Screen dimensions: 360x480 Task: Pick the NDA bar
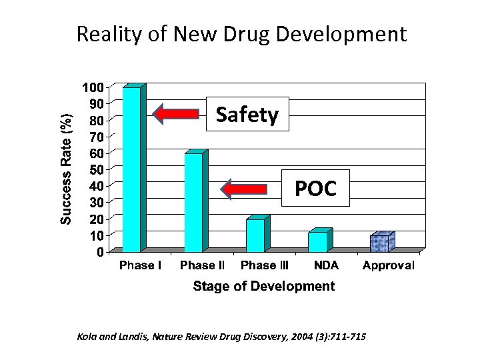318,241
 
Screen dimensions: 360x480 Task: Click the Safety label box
247,115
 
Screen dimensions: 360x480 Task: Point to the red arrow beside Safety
177,114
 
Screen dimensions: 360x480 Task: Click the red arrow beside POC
245,190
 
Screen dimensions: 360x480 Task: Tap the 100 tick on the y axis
93,87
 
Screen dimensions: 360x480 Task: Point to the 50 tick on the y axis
96,169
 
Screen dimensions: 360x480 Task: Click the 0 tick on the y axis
99,252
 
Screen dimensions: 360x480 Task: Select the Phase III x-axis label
265,265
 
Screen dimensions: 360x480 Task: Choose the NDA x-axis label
327,265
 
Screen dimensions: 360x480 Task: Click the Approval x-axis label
388,265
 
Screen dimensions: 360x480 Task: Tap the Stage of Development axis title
263,287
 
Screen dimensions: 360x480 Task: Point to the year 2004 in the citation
281,335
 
